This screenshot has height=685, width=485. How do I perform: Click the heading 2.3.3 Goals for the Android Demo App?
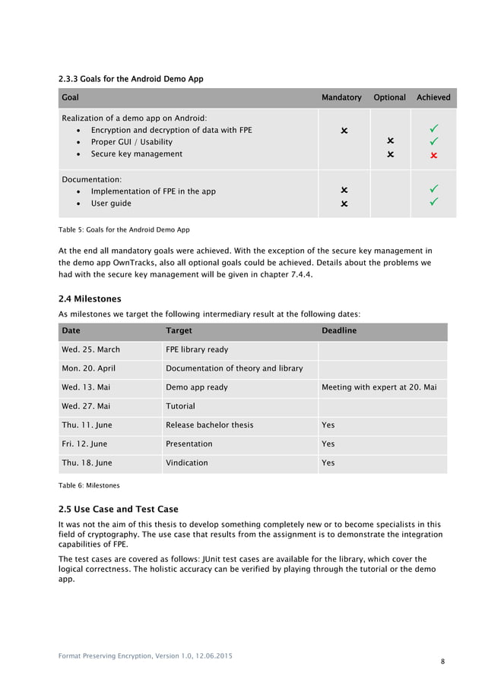(x=131, y=79)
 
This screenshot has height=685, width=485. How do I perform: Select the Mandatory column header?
(x=341, y=98)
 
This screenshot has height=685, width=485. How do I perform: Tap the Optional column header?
(x=389, y=98)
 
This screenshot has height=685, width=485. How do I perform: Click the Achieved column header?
(x=433, y=98)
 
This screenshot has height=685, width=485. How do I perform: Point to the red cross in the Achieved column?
(x=433, y=155)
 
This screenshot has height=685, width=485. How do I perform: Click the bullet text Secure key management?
(x=136, y=154)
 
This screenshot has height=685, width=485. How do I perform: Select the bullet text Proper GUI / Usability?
(x=132, y=142)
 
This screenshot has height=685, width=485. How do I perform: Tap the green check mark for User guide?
(x=433, y=203)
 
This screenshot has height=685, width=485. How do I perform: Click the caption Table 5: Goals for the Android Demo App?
(x=124, y=229)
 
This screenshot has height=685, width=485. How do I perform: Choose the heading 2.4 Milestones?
(x=90, y=298)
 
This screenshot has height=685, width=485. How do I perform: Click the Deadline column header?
(x=339, y=331)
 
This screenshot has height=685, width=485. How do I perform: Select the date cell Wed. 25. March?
(x=90, y=350)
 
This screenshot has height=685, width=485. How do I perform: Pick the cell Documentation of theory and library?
(x=234, y=368)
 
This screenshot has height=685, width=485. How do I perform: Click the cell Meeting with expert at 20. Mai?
(x=379, y=387)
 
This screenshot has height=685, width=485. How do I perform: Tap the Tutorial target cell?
(x=180, y=406)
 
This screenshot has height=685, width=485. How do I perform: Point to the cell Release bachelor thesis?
(x=210, y=425)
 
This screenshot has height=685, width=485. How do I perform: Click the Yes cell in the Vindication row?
(x=328, y=462)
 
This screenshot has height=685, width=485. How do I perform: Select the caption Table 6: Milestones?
(x=89, y=485)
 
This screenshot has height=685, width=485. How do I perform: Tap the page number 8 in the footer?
(x=442, y=662)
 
